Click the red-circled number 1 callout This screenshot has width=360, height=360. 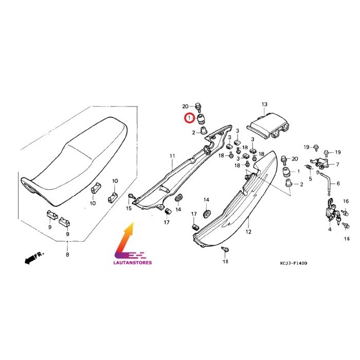189,118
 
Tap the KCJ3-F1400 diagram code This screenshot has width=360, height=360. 293,263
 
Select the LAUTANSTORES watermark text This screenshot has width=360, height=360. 133,262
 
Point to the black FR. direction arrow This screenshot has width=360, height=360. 34,258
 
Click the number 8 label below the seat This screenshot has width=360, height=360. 67,255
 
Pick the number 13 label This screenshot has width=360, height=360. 264,104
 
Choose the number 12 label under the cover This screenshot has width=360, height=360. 248,232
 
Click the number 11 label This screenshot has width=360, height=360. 172,156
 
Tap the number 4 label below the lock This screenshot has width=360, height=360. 330,229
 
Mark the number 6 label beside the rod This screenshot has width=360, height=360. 338,184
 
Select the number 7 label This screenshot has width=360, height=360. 337,165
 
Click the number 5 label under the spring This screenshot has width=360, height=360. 311,178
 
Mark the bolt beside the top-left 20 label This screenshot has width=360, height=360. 198,107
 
